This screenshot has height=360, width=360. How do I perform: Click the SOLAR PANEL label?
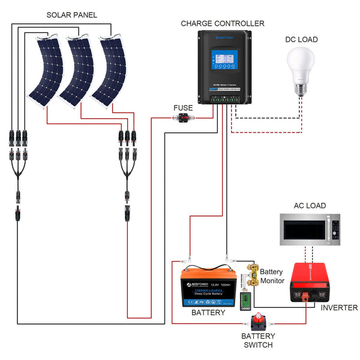(x=71, y=14)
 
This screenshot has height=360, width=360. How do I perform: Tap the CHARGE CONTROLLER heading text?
(x=223, y=23)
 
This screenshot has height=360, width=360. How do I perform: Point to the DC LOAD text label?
(x=302, y=40)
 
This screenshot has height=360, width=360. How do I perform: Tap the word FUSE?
(x=183, y=108)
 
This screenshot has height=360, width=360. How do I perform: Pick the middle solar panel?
(x=76, y=69)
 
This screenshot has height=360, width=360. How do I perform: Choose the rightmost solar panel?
(x=109, y=69)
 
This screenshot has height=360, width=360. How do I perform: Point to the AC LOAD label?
(x=310, y=205)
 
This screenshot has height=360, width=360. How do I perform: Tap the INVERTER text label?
(x=339, y=308)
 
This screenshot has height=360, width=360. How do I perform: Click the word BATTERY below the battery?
(x=208, y=313)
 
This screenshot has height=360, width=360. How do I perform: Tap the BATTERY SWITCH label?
(x=258, y=340)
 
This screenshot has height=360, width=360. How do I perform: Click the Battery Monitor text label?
(x=272, y=276)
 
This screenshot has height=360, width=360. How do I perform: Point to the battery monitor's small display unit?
(x=245, y=299)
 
